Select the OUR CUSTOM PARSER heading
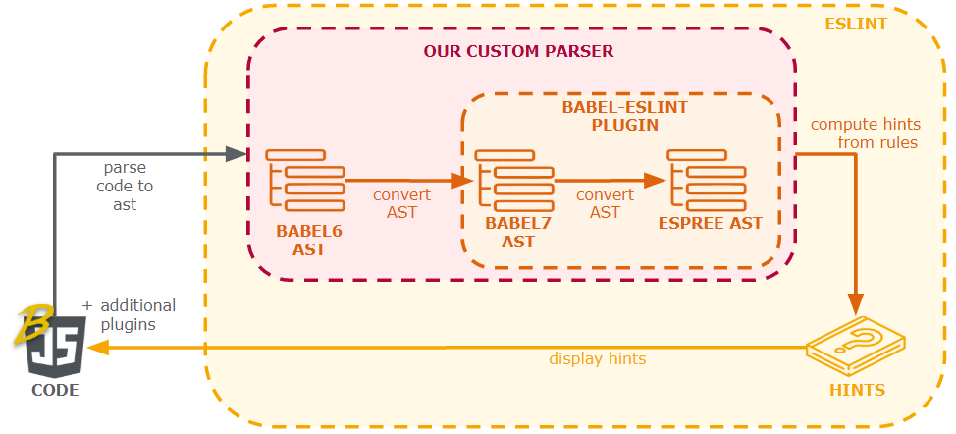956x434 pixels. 518,51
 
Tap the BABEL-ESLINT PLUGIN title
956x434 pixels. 611,116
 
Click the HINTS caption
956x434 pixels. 857,390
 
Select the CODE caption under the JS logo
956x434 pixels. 54,391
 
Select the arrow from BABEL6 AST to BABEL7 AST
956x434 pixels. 402,181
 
